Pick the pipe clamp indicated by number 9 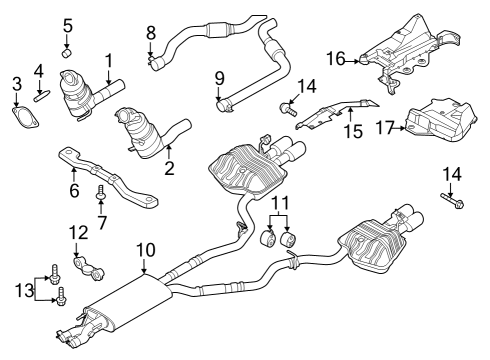point(223,101)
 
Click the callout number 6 point(74,188)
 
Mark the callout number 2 point(169,168)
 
